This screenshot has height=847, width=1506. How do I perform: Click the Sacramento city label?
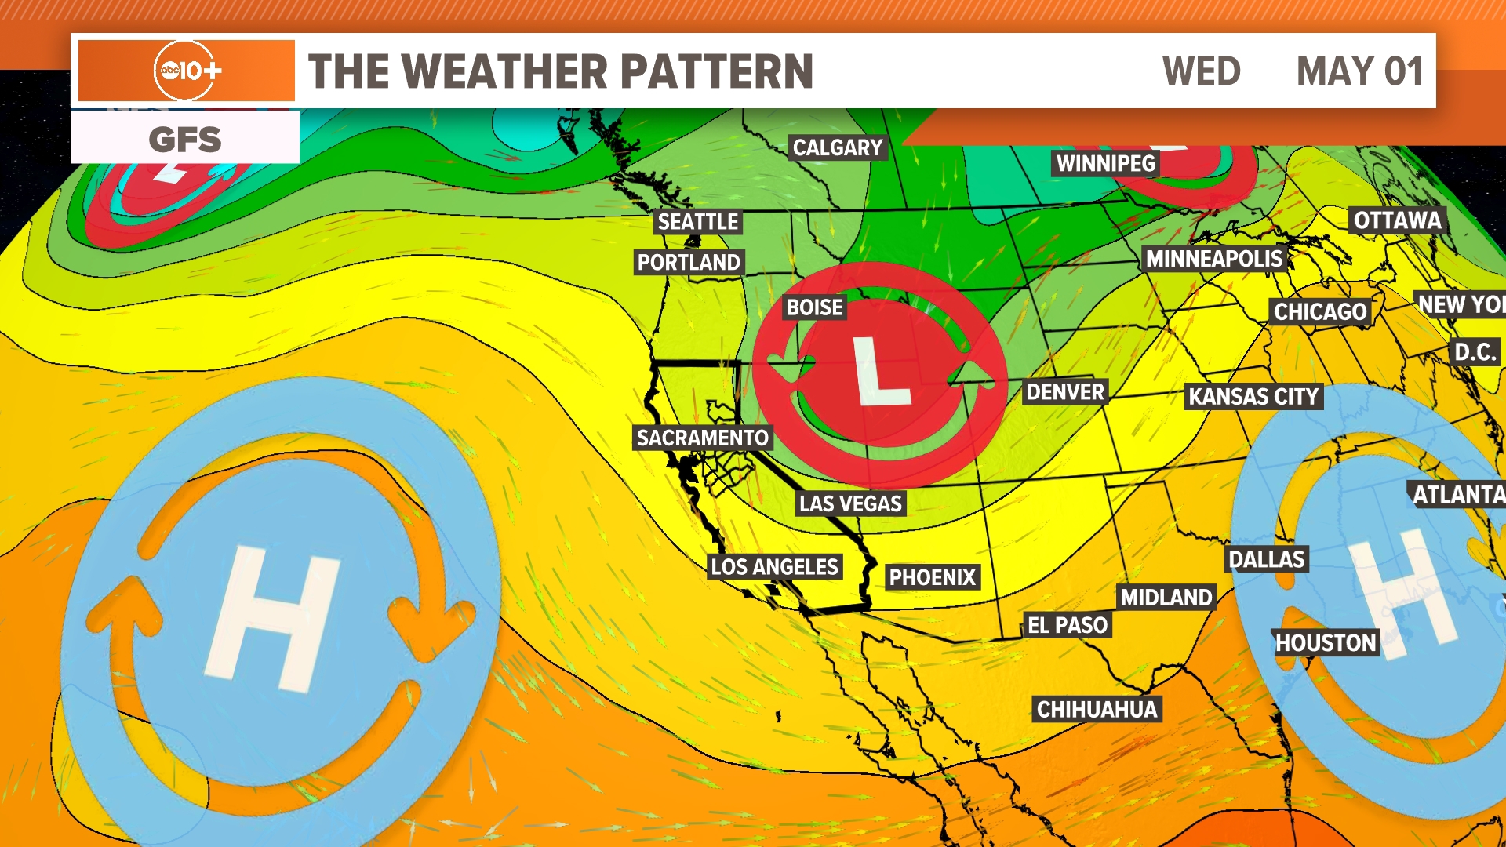coord(702,438)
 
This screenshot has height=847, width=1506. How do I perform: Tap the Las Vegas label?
coord(850,503)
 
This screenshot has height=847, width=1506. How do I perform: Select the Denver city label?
coord(1064,392)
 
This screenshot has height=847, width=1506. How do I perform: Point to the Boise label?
coord(814,307)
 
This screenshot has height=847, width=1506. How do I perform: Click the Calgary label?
coord(837,147)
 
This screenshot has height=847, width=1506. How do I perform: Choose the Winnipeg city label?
coord(1105,163)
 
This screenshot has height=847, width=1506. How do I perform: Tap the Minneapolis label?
coord(1213,259)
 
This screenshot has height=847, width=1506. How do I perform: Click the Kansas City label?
coord(1253,397)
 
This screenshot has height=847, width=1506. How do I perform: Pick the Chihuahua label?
coord(1097,710)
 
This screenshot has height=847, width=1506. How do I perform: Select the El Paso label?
coord(1068,625)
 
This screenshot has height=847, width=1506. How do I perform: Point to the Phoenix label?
coord(932,578)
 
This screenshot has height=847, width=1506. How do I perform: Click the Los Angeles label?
coord(774,567)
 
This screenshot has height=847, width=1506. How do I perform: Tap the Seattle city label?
coord(697,222)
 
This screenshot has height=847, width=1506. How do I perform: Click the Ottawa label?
coord(1397,220)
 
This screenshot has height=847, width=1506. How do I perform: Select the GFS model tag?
coord(185,140)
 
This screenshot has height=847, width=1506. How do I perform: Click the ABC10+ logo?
coord(187,71)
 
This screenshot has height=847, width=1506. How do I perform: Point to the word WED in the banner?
coord(1201,71)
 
